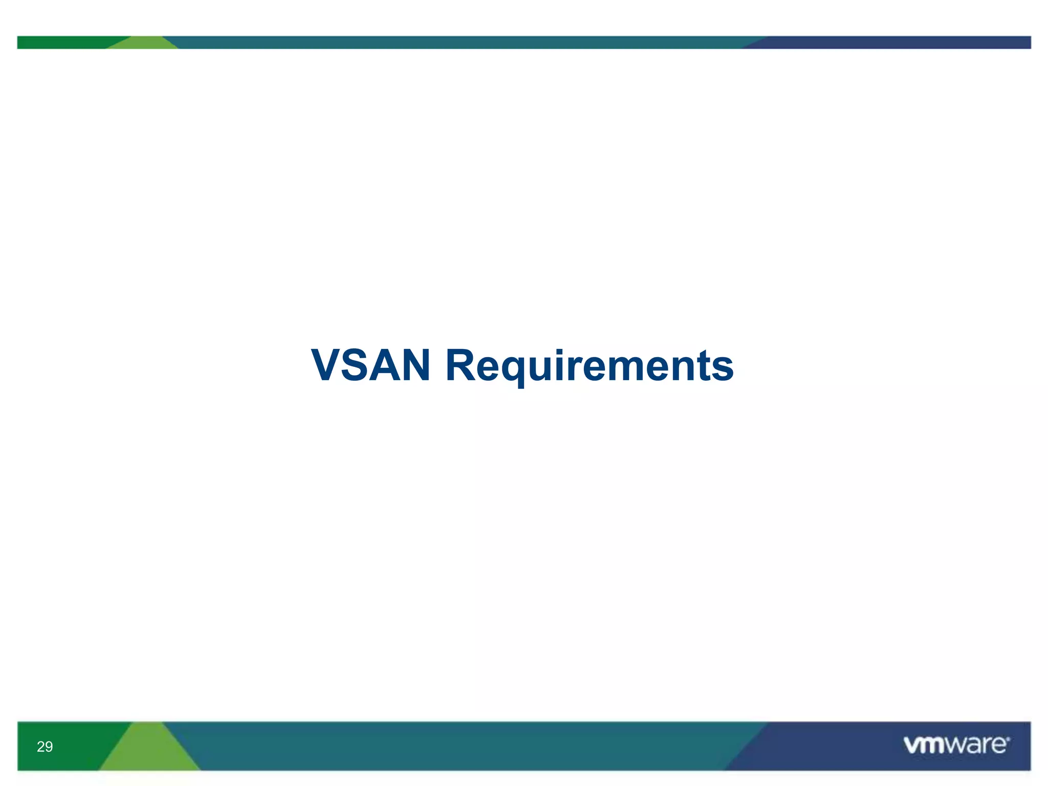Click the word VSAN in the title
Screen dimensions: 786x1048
click(370, 365)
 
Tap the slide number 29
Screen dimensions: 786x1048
click(45, 747)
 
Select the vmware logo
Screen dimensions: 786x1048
click(956, 745)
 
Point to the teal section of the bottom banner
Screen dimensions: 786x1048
click(461, 746)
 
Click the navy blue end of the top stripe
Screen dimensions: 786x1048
click(896, 42)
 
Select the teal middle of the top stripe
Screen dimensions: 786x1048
click(461, 42)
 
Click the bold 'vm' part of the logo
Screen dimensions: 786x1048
click(924, 746)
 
